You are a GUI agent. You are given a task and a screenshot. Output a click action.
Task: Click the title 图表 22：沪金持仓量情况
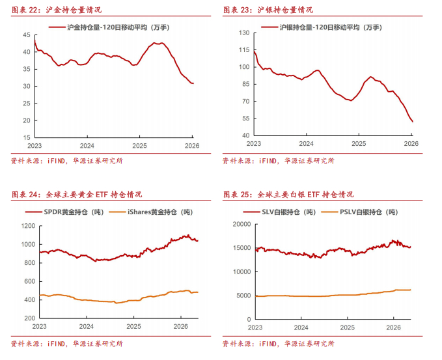tap(57, 10)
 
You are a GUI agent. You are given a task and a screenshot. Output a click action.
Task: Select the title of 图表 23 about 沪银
tap(268, 10)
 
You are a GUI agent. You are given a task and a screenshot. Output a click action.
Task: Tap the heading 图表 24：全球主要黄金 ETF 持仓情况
tap(77, 195)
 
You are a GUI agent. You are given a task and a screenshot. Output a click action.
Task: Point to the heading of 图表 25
tap(288, 195)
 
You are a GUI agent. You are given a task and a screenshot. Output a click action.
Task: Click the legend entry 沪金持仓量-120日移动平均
tap(109, 27)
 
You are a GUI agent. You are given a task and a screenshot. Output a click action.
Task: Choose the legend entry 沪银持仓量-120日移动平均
tap(322, 27)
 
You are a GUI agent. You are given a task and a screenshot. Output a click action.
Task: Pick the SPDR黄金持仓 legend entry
tap(64, 212)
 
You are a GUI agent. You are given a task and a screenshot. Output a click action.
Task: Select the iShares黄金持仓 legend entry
tap(151, 212)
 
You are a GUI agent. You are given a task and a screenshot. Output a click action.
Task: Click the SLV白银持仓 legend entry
tap(279, 212)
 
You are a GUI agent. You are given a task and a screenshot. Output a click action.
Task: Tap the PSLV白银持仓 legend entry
tap(359, 212)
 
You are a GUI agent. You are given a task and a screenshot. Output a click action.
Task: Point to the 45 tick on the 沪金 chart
tap(27, 35)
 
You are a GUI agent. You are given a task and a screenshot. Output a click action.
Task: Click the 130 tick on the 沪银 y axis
tap(244, 33)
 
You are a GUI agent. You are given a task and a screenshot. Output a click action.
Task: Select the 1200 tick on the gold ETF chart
tap(28, 226)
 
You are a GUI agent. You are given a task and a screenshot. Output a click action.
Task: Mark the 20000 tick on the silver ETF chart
tap(242, 224)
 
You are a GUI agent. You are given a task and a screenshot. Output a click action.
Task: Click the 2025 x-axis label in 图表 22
tap(139, 146)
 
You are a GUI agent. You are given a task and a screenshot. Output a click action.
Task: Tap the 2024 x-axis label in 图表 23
tap(307, 144)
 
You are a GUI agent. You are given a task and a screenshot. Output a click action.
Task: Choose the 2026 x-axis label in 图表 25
tap(394, 327)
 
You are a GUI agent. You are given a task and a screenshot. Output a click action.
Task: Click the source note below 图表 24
tap(67, 344)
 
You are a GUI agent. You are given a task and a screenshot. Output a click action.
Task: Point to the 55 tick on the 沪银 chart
tap(246, 118)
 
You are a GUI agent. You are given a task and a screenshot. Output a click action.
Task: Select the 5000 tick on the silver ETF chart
tap(244, 296)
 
